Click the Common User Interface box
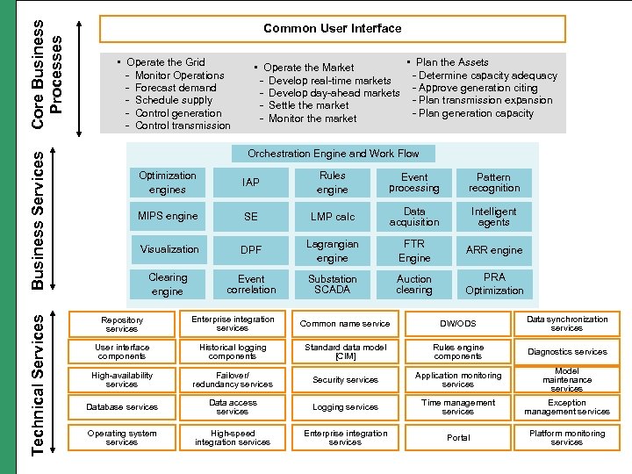[332, 28]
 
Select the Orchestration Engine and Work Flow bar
[333, 154]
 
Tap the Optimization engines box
[167, 183]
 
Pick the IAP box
[251, 183]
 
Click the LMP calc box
[333, 216]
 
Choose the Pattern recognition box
[494, 183]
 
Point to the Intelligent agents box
[494, 216]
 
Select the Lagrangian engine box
[333, 251]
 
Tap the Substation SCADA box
[333, 284]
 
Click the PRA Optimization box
[494, 284]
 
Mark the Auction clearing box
[414, 284]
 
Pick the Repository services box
[122, 325]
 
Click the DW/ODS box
[458, 324]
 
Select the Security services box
[345, 380]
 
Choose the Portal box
[458, 437]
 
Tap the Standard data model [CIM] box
[345, 352]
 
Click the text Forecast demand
[176, 88]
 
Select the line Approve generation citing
[478, 88]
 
